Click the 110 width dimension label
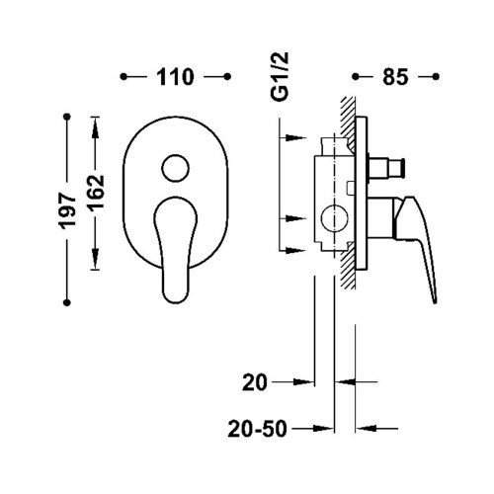click(175, 77)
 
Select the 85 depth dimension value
click(395, 77)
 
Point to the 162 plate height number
click(96, 193)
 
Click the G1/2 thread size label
click(280, 76)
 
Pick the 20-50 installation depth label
click(257, 429)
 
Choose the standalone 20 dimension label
click(254, 382)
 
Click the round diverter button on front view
click(175, 168)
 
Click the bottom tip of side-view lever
click(435, 301)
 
